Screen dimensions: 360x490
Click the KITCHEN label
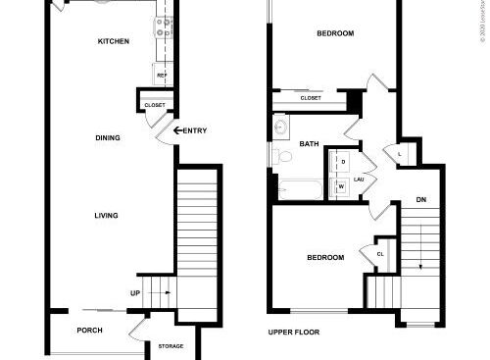(x=114, y=41)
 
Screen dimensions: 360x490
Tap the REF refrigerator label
(x=161, y=76)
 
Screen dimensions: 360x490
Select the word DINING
(x=108, y=137)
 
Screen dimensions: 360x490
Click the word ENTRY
(x=194, y=130)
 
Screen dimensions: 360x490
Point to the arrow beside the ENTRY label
(x=178, y=130)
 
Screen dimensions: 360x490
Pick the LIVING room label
(x=106, y=216)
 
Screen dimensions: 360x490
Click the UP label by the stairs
(x=135, y=292)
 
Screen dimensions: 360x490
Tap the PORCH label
(x=90, y=330)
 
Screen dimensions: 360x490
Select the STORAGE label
(x=171, y=346)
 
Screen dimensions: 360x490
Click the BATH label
(x=309, y=144)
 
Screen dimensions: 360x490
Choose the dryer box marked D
(x=343, y=161)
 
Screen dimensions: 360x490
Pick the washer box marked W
(x=342, y=183)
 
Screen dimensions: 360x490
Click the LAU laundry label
(x=360, y=180)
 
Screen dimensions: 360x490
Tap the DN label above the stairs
(x=421, y=200)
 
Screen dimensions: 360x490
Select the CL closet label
(x=380, y=254)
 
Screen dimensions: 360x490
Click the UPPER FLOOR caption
(x=295, y=333)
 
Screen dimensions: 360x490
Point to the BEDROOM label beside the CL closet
(x=325, y=258)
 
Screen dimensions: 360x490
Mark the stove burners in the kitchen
(x=164, y=29)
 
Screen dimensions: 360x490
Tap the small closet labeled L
(x=400, y=153)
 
